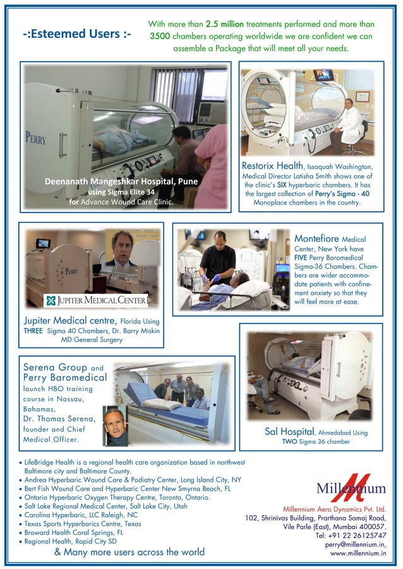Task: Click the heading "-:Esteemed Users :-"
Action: pyautogui.click(x=76, y=34)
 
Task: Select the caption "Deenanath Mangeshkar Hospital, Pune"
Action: pyautogui.click(x=121, y=182)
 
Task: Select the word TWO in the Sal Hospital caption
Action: pyautogui.click(x=291, y=442)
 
